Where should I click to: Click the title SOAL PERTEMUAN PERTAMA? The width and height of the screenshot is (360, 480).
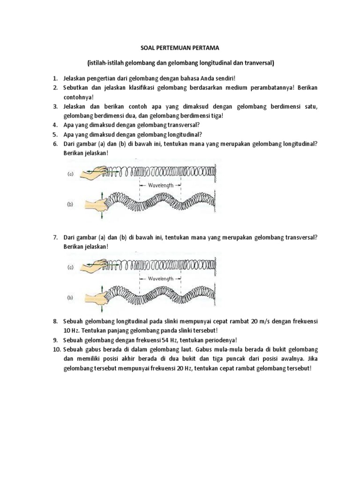point(180,48)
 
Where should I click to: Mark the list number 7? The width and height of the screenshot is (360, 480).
point(55,237)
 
